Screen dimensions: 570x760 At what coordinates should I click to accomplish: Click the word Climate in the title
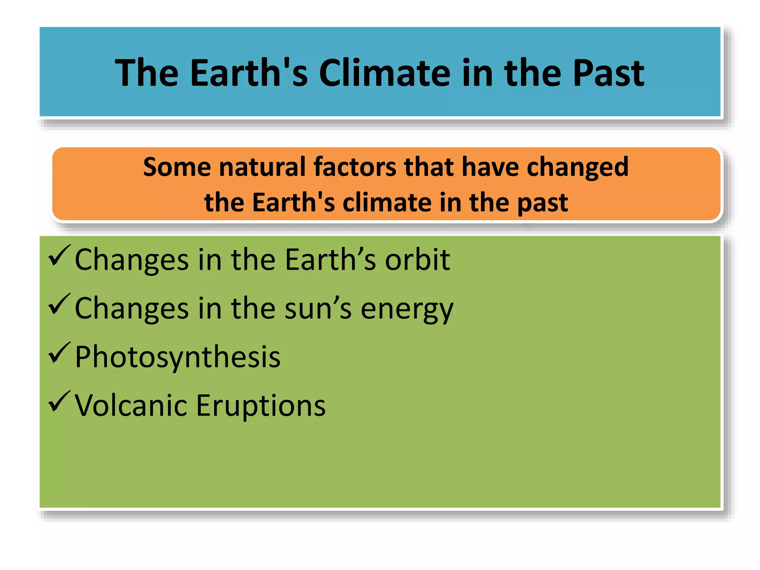pyautogui.click(x=384, y=73)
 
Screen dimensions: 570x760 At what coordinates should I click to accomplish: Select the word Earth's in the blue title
pyautogui.click(x=249, y=73)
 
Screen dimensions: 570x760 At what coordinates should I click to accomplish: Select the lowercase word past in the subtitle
pyautogui.click(x=543, y=203)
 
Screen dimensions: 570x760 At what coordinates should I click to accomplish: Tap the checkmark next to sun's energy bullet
pyautogui.click(x=59, y=304)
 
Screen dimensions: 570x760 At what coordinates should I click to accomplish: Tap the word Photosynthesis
pyautogui.click(x=177, y=357)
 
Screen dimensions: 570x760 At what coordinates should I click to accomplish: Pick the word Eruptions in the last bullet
pyautogui.click(x=261, y=406)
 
